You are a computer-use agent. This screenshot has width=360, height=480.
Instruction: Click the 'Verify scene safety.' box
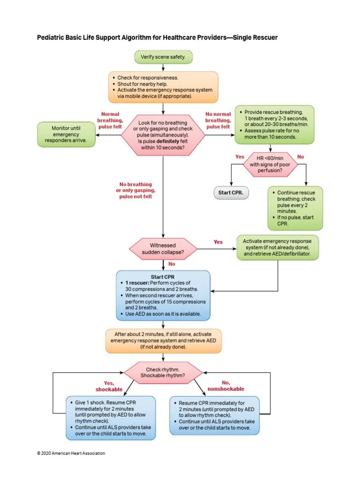tap(163, 57)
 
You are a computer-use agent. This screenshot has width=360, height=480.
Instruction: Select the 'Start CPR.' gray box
tap(231, 193)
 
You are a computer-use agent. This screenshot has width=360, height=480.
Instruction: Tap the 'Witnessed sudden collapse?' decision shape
tap(163, 249)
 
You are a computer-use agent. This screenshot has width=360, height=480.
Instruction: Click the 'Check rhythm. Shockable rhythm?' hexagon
tap(163, 373)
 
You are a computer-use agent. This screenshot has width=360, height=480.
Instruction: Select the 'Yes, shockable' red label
tap(109, 386)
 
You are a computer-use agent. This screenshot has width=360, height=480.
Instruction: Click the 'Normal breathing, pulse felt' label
tap(110, 120)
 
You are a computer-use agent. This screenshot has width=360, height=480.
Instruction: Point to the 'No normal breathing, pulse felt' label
tap(218, 120)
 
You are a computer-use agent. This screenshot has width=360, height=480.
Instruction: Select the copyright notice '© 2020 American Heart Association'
tap(71, 453)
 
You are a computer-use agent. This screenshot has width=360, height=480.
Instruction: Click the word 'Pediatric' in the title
tap(51, 37)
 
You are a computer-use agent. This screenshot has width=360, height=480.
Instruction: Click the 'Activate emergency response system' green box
tap(277, 247)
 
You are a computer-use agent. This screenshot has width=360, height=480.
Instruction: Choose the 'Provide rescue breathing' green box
tap(274, 125)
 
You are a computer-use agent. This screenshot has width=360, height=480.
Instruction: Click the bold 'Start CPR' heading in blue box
tap(163, 277)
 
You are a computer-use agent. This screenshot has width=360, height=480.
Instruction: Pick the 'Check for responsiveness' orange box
tap(163, 87)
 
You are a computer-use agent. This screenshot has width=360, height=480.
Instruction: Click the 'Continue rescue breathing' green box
tap(295, 208)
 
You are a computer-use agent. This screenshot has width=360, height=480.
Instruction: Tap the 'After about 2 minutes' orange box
tap(163, 340)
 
